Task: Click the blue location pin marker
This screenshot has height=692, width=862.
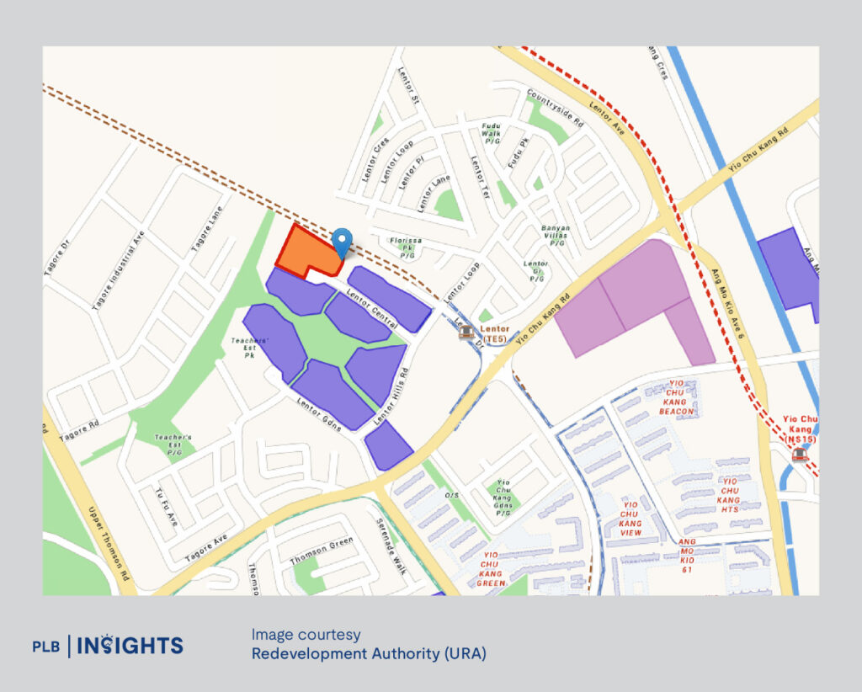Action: tap(341, 242)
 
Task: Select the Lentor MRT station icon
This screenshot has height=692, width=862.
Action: tap(465, 332)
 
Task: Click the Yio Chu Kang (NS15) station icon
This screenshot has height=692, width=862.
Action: tap(799, 455)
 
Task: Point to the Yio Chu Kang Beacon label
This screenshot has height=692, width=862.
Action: tap(677, 400)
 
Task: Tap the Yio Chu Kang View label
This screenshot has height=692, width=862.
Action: tap(630, 518)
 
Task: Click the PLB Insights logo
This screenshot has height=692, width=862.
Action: tap(108, 646)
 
